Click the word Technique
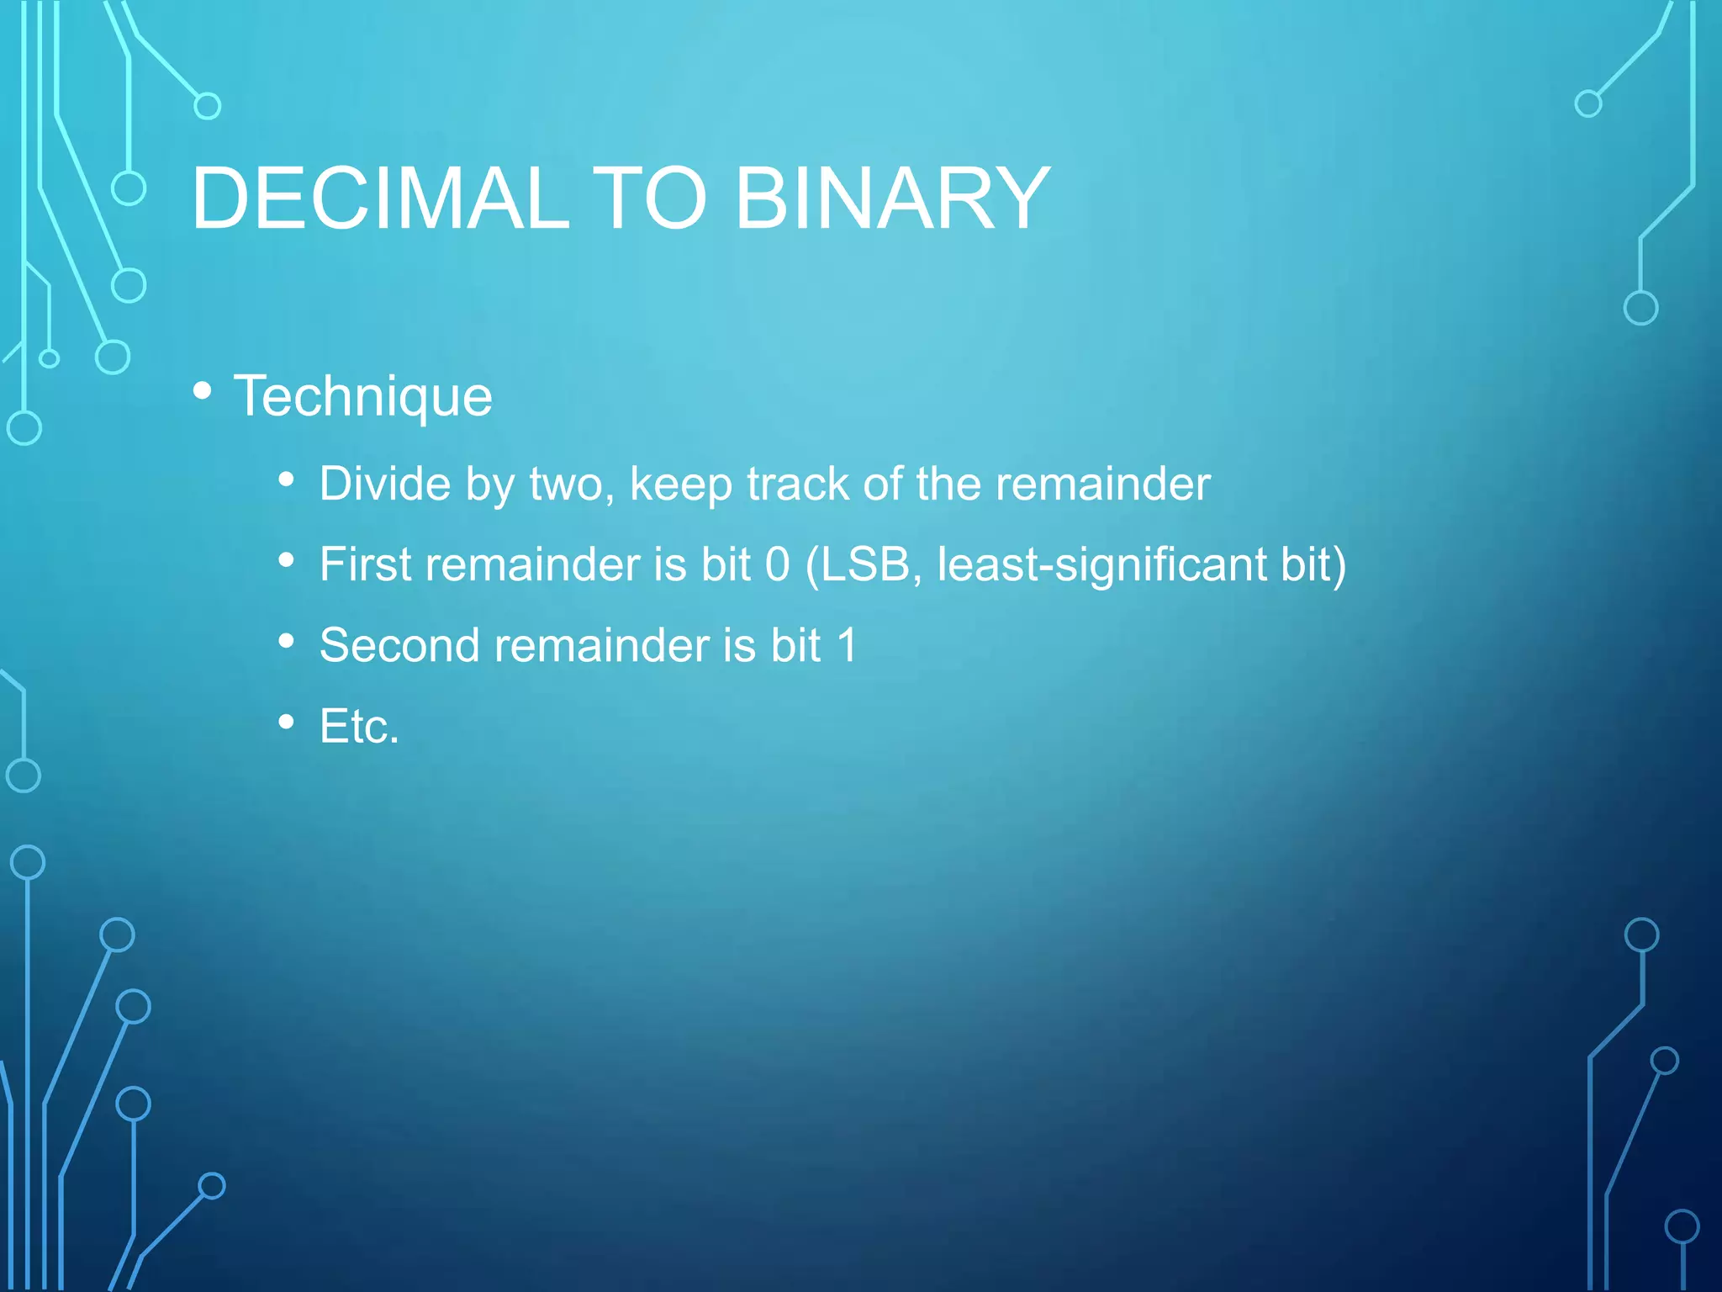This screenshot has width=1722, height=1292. coord(363,396)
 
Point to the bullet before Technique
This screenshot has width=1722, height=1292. coord(202,390)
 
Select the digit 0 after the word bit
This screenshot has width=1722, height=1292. coord(778,564)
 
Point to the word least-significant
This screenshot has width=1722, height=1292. coord(1101,564)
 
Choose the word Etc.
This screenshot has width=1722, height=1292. coord(359,726)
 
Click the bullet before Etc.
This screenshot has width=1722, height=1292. coord(287,722)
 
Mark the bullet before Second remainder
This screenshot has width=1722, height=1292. coord(287,641)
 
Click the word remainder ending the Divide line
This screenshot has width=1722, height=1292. coord(1102,484)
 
